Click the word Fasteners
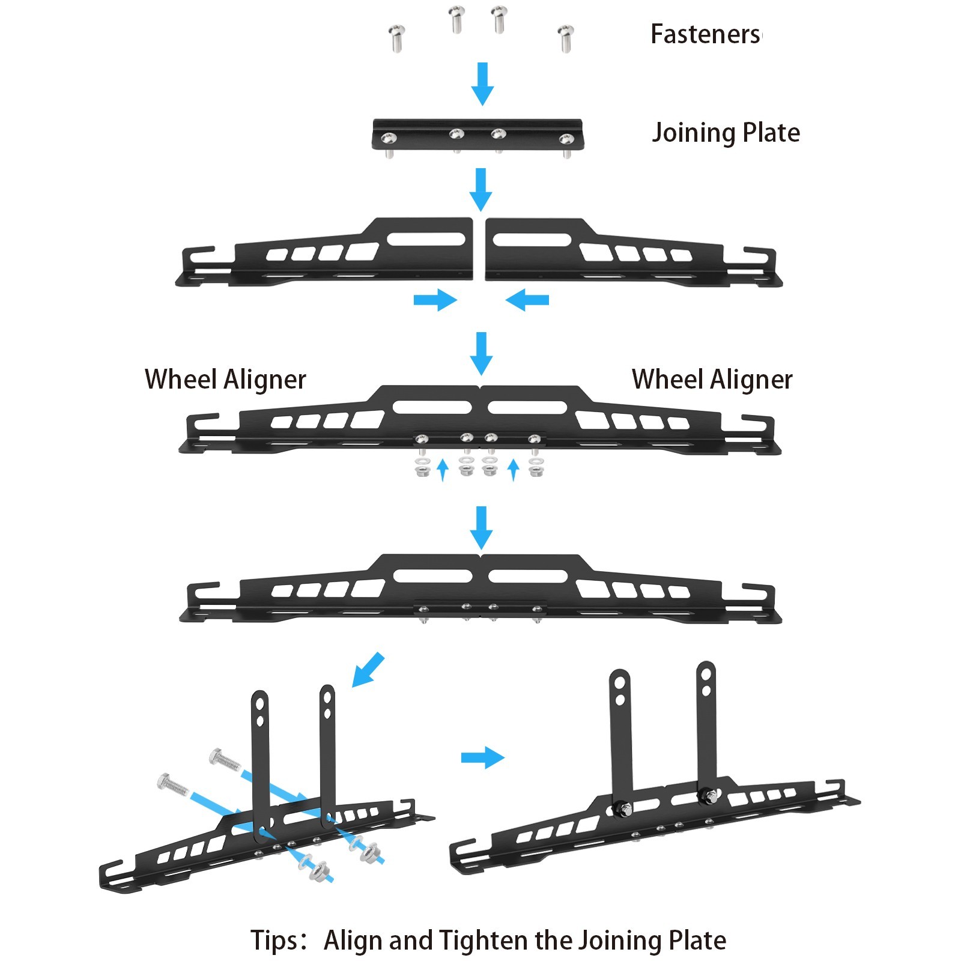coord(705,34)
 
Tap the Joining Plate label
coord(726,133)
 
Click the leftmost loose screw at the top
coord(396,38)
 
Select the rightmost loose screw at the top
coord(565,38)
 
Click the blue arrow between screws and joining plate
coord(482,83)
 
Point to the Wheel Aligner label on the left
coord(225,380)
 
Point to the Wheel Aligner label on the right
coord(712,380)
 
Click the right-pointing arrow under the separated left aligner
coord(435,300)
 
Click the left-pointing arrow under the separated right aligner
coord(527,300)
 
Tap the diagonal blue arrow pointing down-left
coord(367,669)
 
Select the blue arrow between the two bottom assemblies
coord(482,757)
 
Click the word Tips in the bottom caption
coord(274,940)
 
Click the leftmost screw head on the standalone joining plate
coord(388,139)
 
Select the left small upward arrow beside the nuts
coord(443,470)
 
